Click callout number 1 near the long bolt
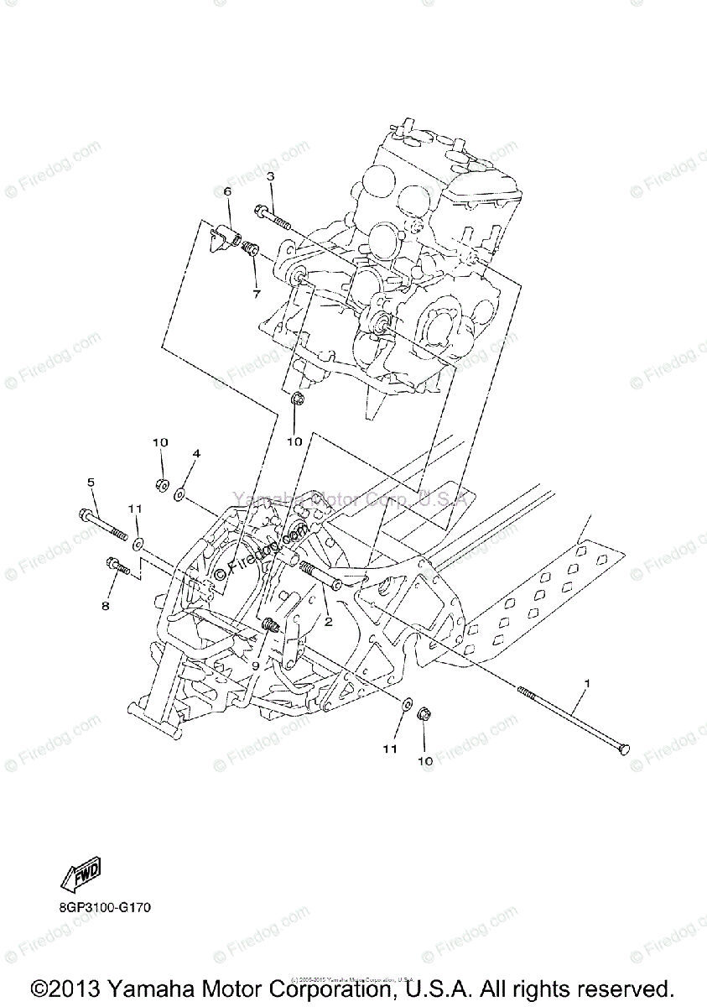(x=587, y=684)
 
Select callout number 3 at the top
(x=271, y=176)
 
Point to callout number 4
(x=196, y=453)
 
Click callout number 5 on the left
(x=91, y=482)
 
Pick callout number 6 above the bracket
(x=226, y=192)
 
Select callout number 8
(x=106, y=605)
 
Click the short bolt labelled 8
(x=116, y=567)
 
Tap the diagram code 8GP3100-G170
(x=106, y=908)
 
